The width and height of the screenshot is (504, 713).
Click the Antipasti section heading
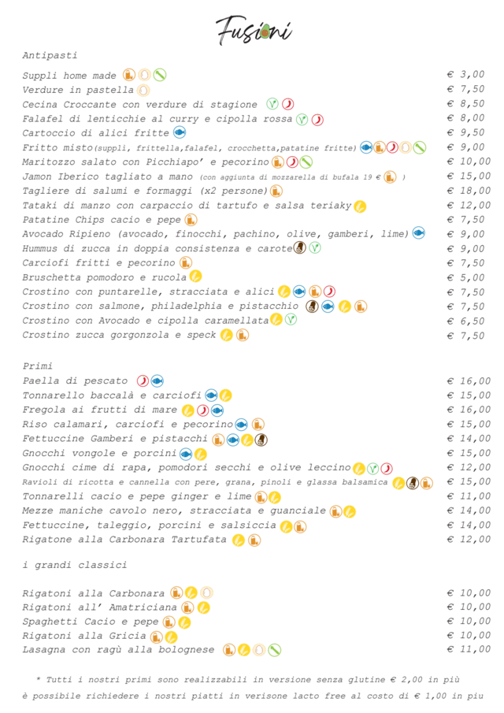click(50, 56)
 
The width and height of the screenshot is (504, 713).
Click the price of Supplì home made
click(465, 75)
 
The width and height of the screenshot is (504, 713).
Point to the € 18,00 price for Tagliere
click(465, 191)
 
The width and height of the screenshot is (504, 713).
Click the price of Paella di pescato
click(465, 381)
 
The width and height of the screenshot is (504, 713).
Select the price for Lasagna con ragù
click(465, 650)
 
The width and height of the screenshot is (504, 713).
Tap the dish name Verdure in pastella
click(78, 90)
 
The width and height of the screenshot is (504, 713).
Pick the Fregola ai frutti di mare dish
click(100, 410)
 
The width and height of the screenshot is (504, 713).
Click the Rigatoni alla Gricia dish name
click(83, 636)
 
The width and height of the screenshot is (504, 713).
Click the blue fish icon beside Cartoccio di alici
click(180, 132)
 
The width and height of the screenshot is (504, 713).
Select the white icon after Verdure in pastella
click(143, 90)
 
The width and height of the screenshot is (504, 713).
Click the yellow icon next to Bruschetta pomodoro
click(195, 277)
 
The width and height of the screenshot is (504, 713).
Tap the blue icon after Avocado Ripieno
click(418, 233)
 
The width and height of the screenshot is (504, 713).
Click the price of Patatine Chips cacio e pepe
click(465, 220)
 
